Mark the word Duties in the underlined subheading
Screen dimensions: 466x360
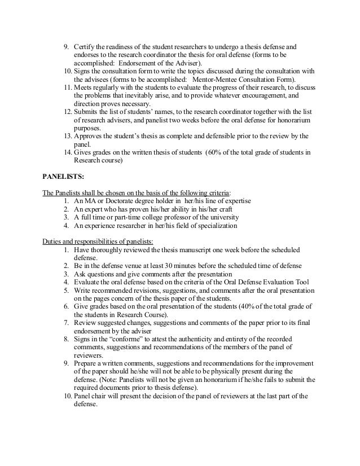pyautogui.click(x=52, y=241)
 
